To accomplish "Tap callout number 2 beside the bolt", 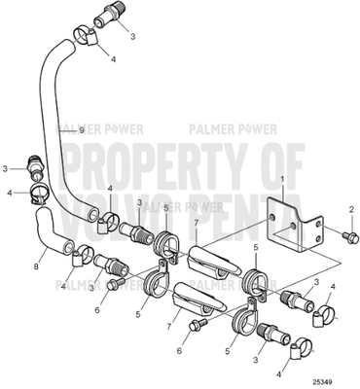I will [x=351, y=211].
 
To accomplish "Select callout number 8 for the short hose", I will [x=37, y=263].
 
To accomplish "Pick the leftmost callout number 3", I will [x=5, y=168].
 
